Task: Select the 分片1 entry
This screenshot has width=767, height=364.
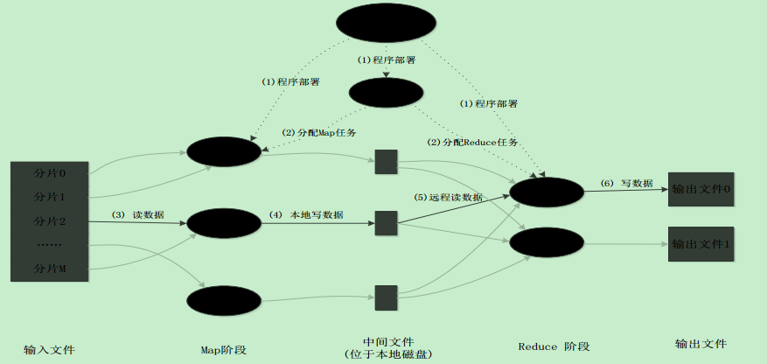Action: pyautogui.click(x=50, y=197)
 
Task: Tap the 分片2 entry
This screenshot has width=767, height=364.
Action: pyautogui.click(x=50, y=220)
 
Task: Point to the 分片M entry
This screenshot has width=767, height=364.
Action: pyautogui.click(x=50, y=268)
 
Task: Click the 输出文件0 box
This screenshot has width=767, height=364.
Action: pyautogui.click(x=700, y=189)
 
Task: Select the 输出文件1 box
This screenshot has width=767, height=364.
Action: pyautogui.click(x=700, y=243)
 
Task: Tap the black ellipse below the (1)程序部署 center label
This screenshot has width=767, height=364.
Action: pyautogui.click(x=386, y=92)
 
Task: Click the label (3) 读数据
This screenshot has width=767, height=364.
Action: pyautogui.click(x=136, y=214)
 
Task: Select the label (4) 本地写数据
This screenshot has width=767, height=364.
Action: pyautogui.click(x=305, y=214)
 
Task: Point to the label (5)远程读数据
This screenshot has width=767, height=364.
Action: pyautogui.click(x=448, y=198)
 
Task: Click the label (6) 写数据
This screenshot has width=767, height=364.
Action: pyautogui.click(x=626, y=184)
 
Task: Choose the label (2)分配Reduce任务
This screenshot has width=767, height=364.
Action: pyautogui.click(x=472, y=142)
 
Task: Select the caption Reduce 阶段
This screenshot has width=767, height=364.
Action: pyautogui.click(x=554, y=346)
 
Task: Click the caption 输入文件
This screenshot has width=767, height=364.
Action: pyautogui.click(x=50, y=349)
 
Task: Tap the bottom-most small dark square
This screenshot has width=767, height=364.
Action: pyautogui.click(x=387, y=297)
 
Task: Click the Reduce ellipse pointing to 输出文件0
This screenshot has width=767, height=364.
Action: pyautogui.click(x=546, y=192)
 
